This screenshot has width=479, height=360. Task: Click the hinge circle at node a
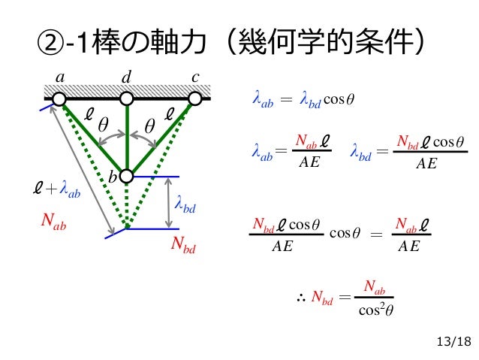pyautogui.click(x=59, y=98)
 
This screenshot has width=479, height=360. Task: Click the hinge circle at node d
pyautogui.click(x=126, y=98)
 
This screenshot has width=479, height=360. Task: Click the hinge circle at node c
pyautogui.click(x=195, y=98)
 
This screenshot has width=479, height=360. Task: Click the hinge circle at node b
pyautogui.click(x=126, y=176)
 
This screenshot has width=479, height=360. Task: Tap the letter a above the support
pyautogui.click(x=59, y=77)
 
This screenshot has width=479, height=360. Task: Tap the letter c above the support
pyautogui.click(x=196, y=77)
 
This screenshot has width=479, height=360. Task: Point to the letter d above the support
pyautogui.click(x=126, y=77)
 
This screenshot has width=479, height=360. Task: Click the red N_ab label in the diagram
pyautogui.click(x=55, y=222)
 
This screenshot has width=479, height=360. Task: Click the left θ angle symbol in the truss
pyautogui.click(x=102, y=126)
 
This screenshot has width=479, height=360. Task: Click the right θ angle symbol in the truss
pyautogui.click(x=149, y=126)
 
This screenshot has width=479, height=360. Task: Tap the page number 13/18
pyautogui.click(x=453, y=343)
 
